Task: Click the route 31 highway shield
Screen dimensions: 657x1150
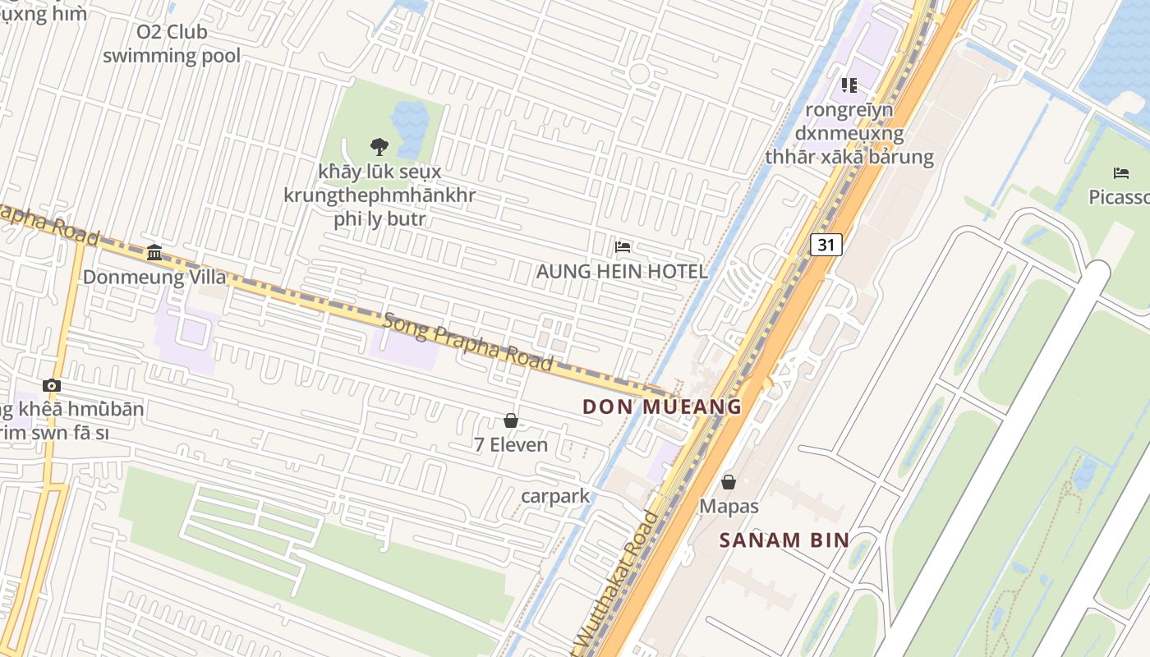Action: (x=826, y=244)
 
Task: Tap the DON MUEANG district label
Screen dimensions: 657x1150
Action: (x=662, y=407)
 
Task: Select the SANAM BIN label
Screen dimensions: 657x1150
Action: (x=784, y=540)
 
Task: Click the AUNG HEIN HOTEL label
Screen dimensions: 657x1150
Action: (x=622, y=271)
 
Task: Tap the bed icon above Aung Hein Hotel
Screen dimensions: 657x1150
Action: (x=623, y=246)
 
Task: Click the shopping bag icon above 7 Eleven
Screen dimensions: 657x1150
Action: (x=511, y=420)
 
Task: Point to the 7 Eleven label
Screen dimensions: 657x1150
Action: (x=511, y=445)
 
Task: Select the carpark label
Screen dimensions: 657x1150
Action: (x=556, y=496)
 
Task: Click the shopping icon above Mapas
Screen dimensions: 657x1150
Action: (x=729, y=482)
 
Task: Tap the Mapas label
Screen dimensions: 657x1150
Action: (x=729, y=507)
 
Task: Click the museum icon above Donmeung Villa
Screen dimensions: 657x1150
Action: (x=154, y=252)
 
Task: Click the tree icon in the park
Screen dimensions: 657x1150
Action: (x=379, y=147)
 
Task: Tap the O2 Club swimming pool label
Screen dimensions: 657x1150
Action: (x=172, y=44)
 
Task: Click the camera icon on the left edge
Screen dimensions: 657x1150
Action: (x=52, y=385)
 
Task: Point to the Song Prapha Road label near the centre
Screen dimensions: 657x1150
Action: (x=467, y=342)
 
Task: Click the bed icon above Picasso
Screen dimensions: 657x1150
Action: (x=1121, y=172)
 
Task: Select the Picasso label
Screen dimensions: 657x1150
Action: (x=1119, y=197)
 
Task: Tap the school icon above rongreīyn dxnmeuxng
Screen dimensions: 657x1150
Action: (x=849, y=85)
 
